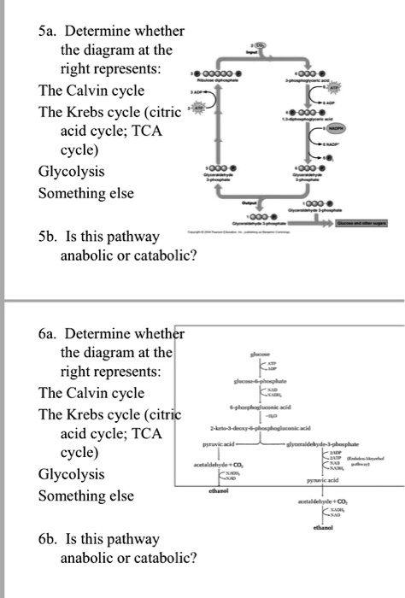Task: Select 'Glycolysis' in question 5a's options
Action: point(72,171)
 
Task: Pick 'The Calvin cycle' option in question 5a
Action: point(91,91)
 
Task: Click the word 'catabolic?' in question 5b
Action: point(165,254)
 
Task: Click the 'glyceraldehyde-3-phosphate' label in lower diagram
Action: point(341,443)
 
